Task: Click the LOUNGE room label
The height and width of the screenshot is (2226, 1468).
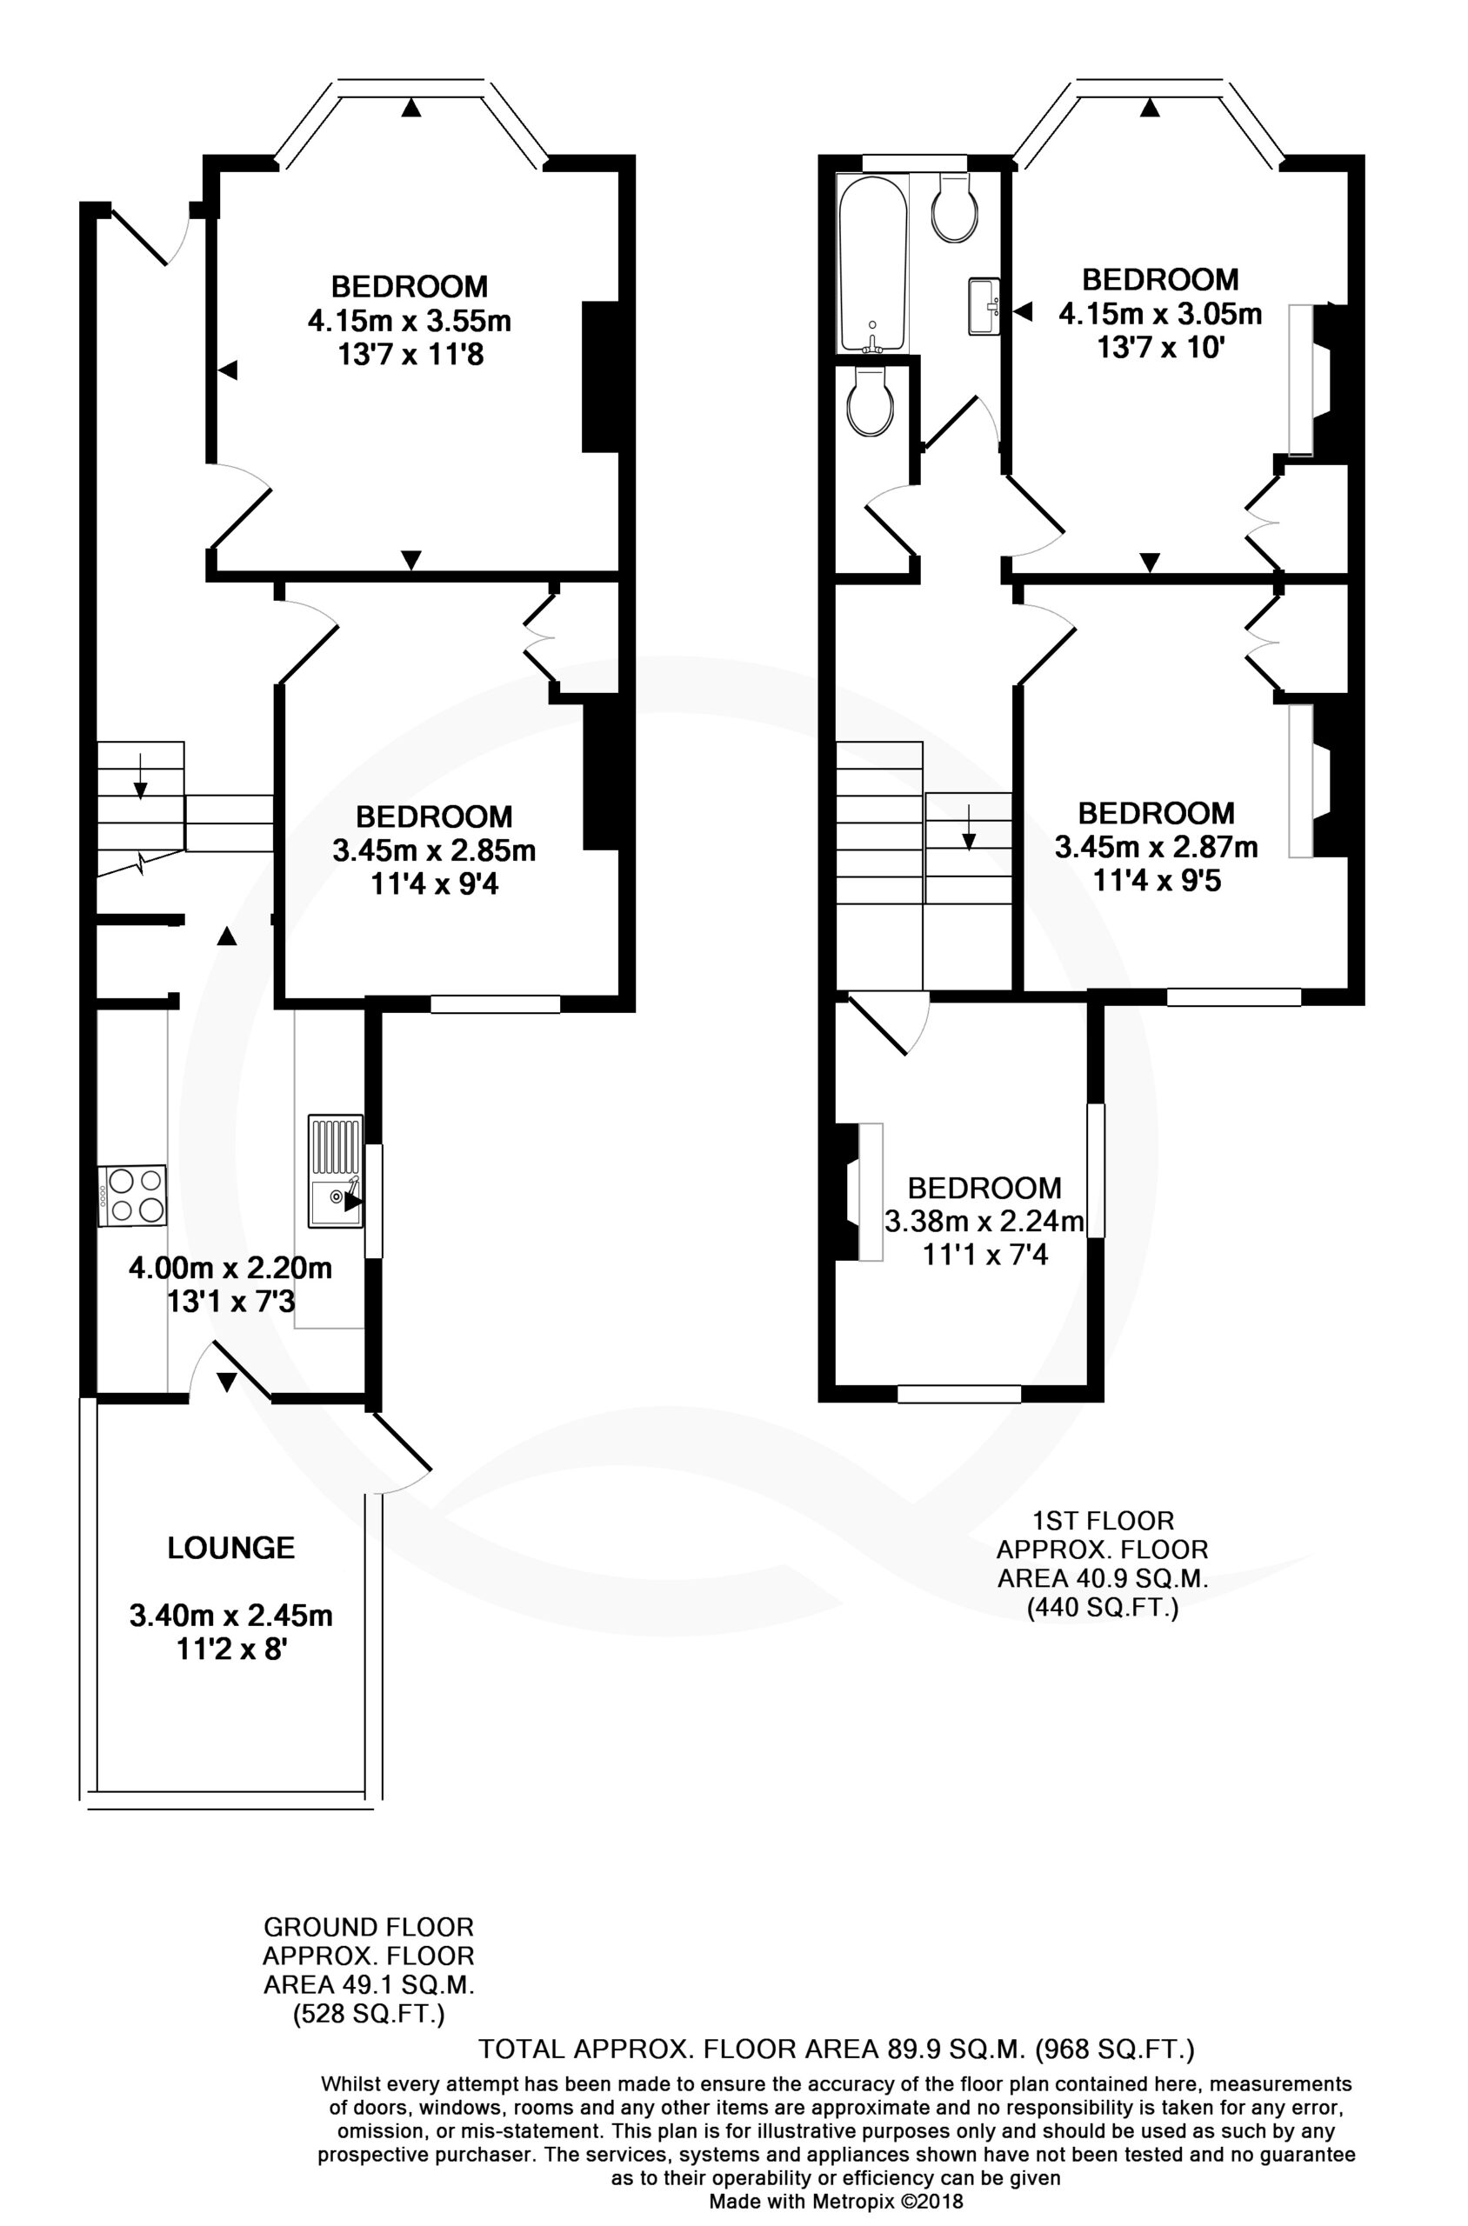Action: [231, 1548]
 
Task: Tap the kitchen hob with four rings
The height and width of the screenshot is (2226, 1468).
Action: [132, 1196]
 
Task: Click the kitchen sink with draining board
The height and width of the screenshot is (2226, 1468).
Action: [335, 1170]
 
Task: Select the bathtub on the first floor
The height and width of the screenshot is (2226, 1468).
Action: [873, 265]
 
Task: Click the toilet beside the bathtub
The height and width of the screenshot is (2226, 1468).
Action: [956, 207]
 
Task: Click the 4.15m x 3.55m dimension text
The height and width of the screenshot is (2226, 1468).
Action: [409, 321]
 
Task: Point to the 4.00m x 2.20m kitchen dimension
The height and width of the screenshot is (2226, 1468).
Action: [230, 1269]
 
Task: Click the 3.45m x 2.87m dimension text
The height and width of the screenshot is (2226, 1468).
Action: [1157, 847]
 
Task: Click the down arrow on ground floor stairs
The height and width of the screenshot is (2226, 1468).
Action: [139, 775]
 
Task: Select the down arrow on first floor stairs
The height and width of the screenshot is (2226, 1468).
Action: [968, 827]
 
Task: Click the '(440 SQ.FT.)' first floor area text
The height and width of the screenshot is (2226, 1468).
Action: [1103, 1635]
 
